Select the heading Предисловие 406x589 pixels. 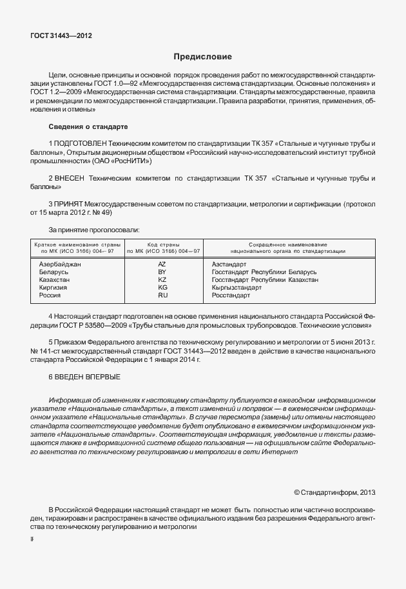(x=202, y=57)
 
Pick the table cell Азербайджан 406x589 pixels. (x=60, y=265)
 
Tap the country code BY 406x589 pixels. (x=162, y=272)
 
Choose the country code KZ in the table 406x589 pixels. (x=162, y=280)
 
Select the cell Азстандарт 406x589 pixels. (x=229, y=265)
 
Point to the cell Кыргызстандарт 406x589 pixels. (x=237, y=288)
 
